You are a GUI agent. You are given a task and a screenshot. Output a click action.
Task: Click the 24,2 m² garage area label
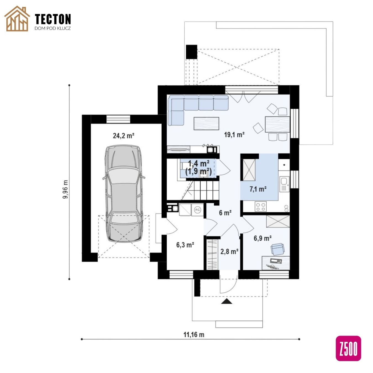click(124, 136)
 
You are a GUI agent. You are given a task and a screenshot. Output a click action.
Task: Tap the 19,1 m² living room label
click(234, 135)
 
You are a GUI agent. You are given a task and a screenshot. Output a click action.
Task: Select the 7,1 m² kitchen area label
click(258, 189)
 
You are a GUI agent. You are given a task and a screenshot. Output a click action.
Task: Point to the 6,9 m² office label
click(262, 238)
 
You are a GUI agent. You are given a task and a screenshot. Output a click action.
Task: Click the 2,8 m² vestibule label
click(229, 251)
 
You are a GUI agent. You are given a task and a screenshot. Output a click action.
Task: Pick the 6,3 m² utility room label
click(185, 245)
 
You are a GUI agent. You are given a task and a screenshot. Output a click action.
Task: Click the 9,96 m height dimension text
click(65, 189)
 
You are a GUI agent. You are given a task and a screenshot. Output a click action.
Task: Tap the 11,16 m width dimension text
click(194, 335)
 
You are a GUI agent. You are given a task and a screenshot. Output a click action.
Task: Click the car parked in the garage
click(124, 193)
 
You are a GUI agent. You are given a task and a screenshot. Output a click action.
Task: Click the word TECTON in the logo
click(53, 19)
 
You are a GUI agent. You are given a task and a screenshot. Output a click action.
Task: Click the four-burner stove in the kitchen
click(261, 206)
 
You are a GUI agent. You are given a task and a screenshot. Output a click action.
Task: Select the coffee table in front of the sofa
click(206, 123)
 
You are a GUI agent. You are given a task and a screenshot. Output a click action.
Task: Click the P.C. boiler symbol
click(198, 210)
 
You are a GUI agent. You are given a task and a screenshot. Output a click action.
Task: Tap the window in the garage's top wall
click(118, 119)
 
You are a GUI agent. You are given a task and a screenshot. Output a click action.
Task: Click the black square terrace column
click(191, 52)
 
